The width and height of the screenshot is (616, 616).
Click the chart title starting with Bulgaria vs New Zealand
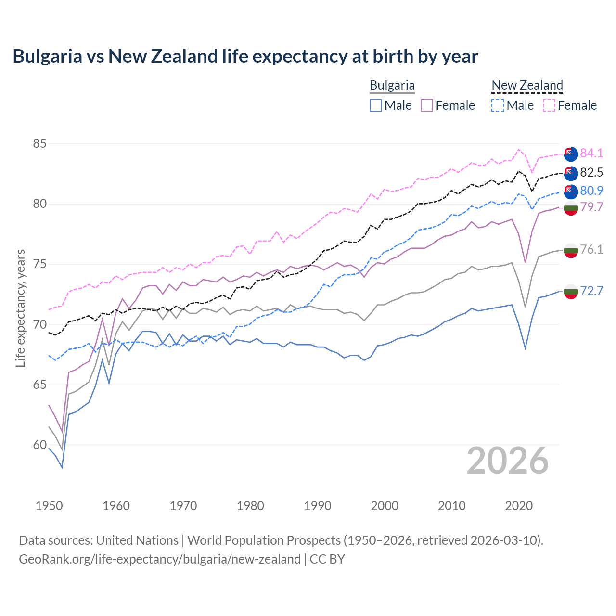[x=245, y=56]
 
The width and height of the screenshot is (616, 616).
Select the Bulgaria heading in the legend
[x=392, y=85]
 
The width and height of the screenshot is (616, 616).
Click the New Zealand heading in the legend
[x=527, y=85]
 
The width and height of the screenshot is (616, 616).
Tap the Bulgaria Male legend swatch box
[x=376, y=105]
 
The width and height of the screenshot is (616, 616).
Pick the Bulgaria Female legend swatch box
[x=427, y=105]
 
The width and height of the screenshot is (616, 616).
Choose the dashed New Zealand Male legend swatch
[x=498, y=105]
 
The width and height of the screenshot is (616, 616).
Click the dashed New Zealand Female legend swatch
[x=549, y=105]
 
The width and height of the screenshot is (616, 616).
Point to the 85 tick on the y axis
[x=39, y=143]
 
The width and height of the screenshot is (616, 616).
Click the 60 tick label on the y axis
[x=39, y=445]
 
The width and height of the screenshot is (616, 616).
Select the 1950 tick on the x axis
[x=49, y=506]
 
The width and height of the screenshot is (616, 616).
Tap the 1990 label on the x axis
[x=318, y=506]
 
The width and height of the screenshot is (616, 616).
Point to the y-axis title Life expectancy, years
[x=21, y=308]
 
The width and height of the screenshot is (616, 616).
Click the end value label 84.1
[x=591, y=153]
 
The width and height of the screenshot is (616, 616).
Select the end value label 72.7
[x=591, y=291]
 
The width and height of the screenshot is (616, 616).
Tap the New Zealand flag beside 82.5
[x=571, y=173]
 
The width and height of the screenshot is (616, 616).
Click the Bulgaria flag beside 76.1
[x=571, y=250]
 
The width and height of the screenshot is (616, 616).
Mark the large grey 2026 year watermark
[x=508, y=461]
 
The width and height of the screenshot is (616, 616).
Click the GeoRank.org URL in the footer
[x=159, y=559]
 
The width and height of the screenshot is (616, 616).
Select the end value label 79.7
[x=591, y=207]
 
